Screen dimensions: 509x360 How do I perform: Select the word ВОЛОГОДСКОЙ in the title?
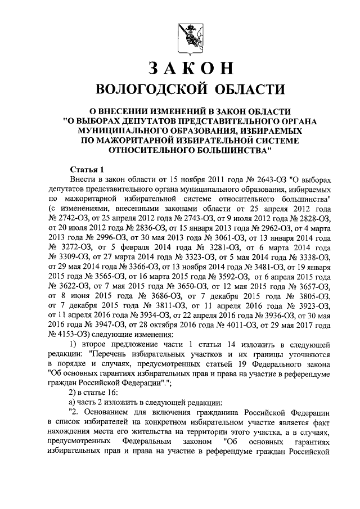[x=142, y=89]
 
